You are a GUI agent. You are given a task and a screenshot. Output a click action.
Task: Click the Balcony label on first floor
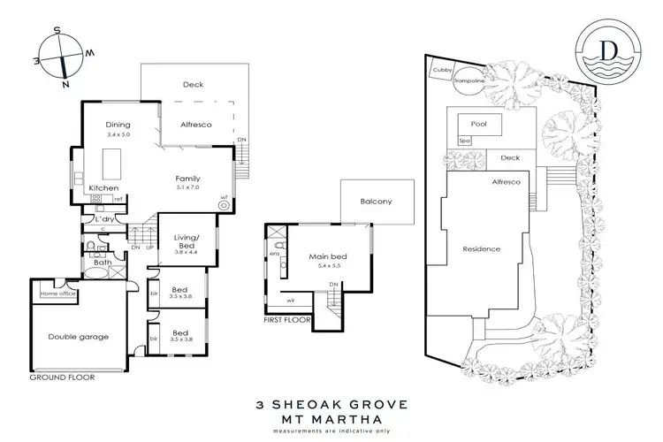[376, 202]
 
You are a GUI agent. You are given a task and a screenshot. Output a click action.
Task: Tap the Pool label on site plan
[479, 125]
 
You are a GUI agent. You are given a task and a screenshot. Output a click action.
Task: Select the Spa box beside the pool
[462, 141]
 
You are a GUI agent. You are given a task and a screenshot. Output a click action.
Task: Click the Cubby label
[439, 68]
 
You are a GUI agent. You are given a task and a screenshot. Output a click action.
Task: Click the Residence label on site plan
[483, 249]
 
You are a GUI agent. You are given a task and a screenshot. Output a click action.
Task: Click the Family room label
[188, 179]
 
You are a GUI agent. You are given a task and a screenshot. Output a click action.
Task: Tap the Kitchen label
[103, 188]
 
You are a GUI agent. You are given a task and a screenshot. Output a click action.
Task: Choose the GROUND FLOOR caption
[61, 377]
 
